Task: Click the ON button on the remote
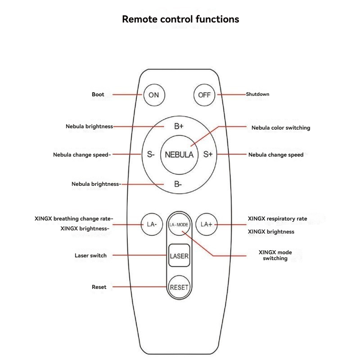tap(154, 95)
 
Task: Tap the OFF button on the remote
tap(204, 95)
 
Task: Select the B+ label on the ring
tap(179, 126)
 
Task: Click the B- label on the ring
tap(178, 184)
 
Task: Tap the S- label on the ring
tap(151, 154)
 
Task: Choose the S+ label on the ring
tap(208, 154)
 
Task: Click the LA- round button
tap(152, 224)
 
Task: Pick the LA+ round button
tap(207, 224)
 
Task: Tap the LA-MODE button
tap(179, 224)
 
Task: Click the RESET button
tap(179, 287)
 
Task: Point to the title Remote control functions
tap(180, 19)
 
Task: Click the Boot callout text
tap(98, 94)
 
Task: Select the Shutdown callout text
tap(257, 94)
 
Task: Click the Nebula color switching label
tap(281, 128)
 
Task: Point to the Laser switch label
tap(90, 256)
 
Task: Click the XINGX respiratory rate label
tap(277, 219)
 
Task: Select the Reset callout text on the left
tap(99, 287)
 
